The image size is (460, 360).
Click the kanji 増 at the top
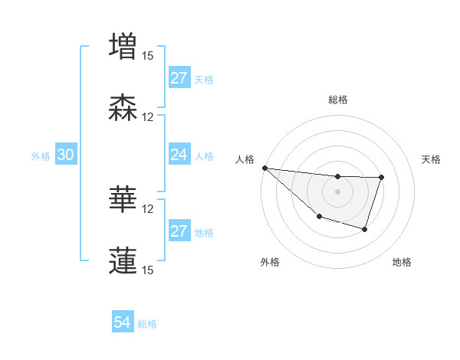click(123, 45)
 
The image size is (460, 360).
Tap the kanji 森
click(123, 107)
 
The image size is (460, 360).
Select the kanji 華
click(123, 199)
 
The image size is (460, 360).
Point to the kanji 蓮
click(123, 260)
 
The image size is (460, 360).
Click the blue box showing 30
click(66, 155)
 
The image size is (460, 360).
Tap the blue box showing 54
click(123, 323)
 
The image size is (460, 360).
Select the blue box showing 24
click(179, 155)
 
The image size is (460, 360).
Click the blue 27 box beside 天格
click(179, 78)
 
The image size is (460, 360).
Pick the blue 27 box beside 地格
click(179, 232)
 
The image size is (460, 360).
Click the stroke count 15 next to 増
click(147, 55)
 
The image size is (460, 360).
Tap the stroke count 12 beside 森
click(147, 117)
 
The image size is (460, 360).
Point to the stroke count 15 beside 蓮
click(147, 270)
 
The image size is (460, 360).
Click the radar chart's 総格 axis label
click(337, 100)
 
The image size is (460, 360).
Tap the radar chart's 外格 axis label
click(269, 263)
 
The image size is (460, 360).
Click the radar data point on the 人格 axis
click(264, 168)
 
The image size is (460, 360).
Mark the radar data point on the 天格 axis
click(381, 178)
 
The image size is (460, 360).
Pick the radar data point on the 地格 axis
click(365, 229)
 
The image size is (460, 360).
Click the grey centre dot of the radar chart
click(337, 191)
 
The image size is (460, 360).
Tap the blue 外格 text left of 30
click(41, 156)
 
